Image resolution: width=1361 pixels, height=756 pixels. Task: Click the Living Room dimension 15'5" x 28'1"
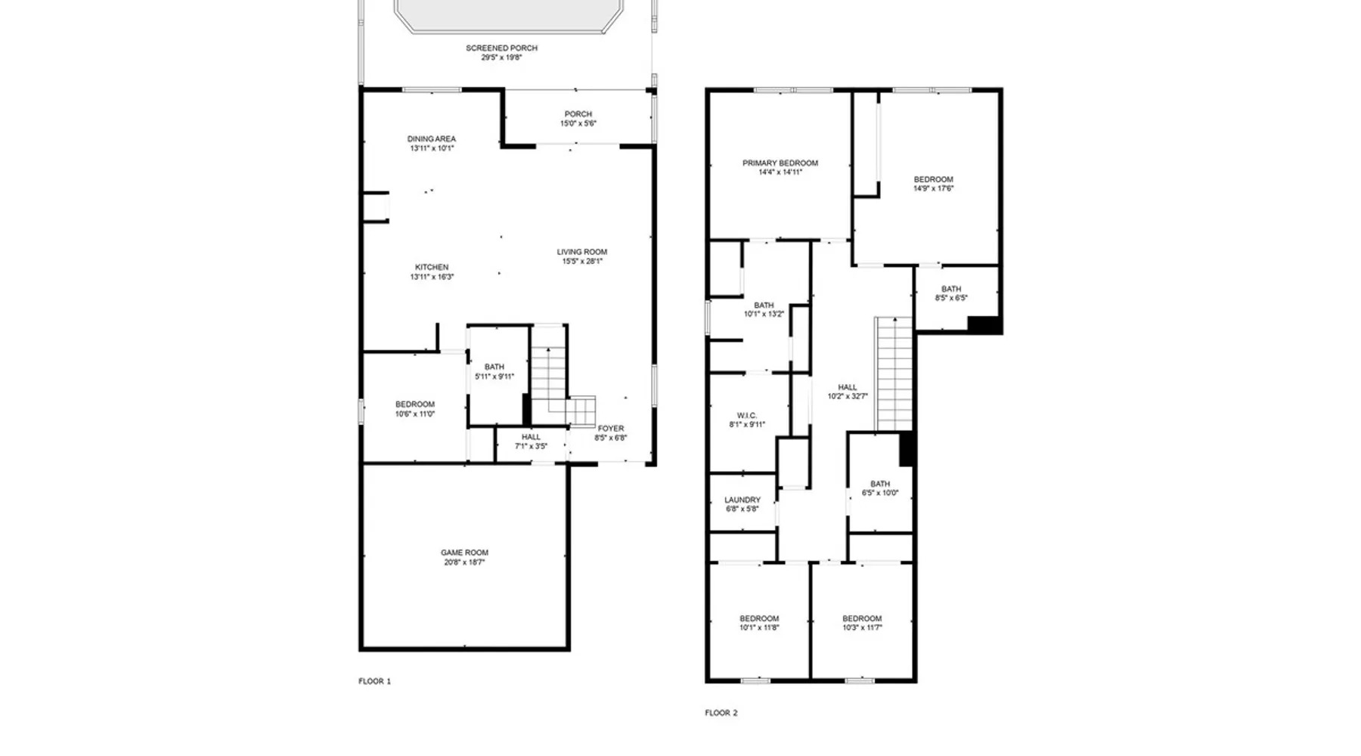click(x=582, y=262)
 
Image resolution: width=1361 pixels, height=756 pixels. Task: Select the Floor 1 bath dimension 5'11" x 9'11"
click(x=494, y=376)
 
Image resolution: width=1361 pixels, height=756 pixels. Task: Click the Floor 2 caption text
click(x=721, y=713)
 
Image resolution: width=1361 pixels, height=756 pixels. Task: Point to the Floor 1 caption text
click(x=375, y=681)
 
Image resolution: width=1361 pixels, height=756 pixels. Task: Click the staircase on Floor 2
click(x=894, y=374)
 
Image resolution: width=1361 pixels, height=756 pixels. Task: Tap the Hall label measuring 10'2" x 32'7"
click(x=848, y=392)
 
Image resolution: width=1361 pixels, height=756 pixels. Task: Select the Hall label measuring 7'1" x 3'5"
click(x=531, y=442)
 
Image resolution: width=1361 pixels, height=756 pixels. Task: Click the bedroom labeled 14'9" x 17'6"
click(x=934, y=184)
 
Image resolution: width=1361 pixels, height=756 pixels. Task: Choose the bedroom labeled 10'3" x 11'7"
click(x=862, y=623)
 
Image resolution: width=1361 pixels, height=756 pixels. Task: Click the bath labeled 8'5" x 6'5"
click(x=951, y=293)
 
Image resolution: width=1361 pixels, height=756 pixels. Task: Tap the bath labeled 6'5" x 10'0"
click(x=880, y=488)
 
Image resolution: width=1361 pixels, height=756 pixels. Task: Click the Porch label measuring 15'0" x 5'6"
click(x=578, y=119)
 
